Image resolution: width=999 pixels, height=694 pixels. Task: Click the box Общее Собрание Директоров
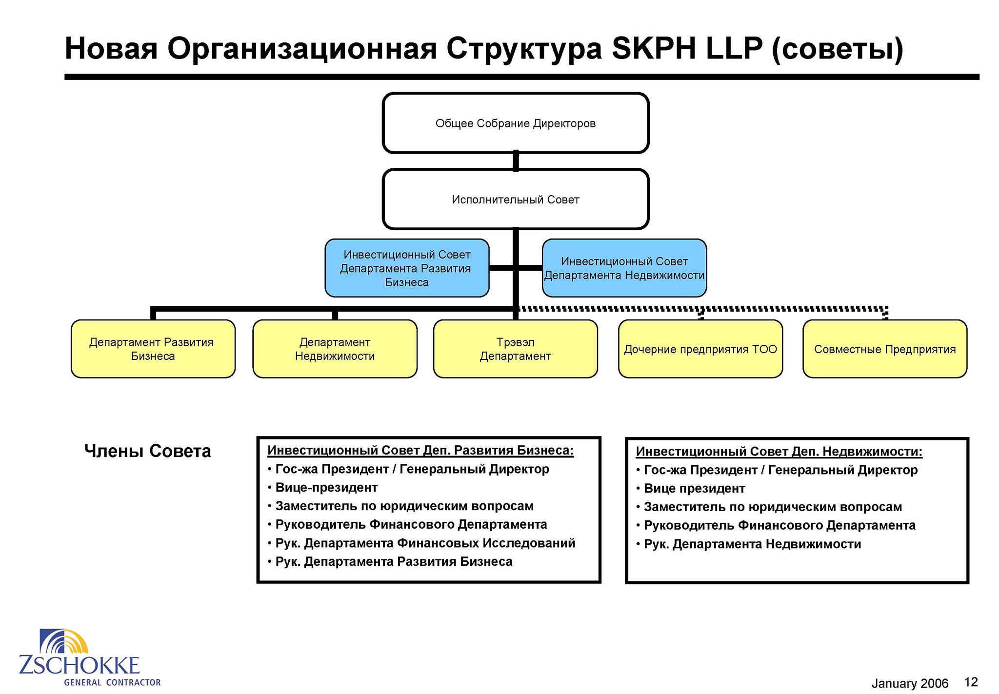point(516,123)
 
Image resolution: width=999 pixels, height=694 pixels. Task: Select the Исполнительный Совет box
point(516,199)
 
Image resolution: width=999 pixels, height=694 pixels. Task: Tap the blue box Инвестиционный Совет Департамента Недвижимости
point(624,268)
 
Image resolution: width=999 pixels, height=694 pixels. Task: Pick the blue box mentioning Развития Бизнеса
point(407,268)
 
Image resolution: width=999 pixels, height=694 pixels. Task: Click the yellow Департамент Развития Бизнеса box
point(153,349)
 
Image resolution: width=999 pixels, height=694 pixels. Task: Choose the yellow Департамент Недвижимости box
point(335,349)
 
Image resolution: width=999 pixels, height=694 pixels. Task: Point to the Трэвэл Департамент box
point(516,349)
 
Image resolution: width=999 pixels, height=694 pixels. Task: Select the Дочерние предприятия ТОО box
point(700,349)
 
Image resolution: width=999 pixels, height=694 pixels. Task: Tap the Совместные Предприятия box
point(885,349)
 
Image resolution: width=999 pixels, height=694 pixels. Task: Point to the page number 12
point(971,682)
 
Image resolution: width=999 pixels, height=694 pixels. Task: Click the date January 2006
point(910,683)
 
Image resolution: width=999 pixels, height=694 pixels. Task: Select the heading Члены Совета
point(147,451)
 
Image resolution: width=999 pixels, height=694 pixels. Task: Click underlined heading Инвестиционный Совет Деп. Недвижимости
point(779,452)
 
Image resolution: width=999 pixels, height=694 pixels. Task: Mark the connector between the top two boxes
point(516,161)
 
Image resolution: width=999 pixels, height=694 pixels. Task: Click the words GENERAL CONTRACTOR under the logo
point(112,682)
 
